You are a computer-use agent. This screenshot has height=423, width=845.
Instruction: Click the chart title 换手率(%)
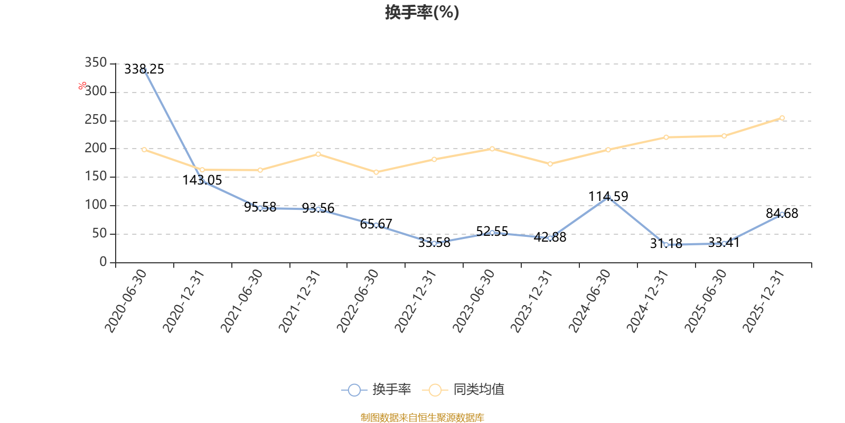click(x=422, y=12)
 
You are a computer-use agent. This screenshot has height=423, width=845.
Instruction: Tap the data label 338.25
click(x=144, y=69)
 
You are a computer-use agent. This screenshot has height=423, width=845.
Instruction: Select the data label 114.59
click(x=608, y=196)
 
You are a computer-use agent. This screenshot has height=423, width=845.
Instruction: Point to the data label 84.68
click(x=782, y=214)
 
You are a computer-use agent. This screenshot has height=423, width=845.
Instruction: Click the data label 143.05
click(x=202, y=180)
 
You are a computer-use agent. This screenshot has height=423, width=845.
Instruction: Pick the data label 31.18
click(x=666, y=244)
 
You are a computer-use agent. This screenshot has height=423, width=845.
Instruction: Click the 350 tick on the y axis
click(x=96, y=62)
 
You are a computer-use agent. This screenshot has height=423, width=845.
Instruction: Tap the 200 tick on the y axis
click(x=96, y=148)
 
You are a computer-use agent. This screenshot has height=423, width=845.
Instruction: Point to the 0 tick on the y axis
click(x=103, y=262)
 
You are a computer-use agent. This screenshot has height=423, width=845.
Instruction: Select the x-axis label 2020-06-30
click(x=126, y=301)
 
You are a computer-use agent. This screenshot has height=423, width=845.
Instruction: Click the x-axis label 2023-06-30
click(x=473, y=301)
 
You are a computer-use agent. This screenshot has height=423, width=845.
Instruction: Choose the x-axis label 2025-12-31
click(x=764, y=301)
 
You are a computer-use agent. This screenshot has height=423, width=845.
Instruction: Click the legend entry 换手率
click(x=376, y=389)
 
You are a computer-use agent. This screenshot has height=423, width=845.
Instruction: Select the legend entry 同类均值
click(x=463, y=389)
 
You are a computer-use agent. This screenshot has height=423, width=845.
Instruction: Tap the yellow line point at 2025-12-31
click(x=782, y=118)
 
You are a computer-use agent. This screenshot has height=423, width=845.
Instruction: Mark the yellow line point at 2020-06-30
click(x=144, y=150)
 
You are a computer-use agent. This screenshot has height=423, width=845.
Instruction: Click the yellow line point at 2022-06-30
click(x=376, y=172)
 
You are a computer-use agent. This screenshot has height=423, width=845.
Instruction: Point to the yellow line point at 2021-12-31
click(x=318, y=154)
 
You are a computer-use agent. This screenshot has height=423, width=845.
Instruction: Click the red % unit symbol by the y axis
click(x=82, y=86)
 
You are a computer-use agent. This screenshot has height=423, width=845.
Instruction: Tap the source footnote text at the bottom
click(x=422, y=417)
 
